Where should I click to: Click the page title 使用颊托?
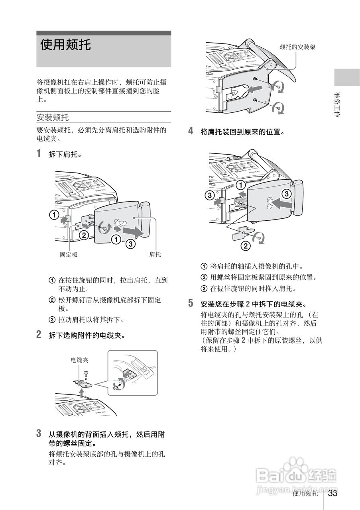(x=65, y=45)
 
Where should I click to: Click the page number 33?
(x=333, y=493)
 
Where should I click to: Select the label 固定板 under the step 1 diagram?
(x=69, y=255)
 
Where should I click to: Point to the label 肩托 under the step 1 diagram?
(x=155, y=255)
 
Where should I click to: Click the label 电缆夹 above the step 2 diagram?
(x=79, y=360)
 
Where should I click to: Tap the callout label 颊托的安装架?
(x=297, y=47)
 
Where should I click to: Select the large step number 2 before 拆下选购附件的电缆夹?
(x=39, y=335)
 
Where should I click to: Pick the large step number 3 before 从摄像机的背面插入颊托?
(x=39, y=433)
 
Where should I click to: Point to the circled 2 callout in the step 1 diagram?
(x=84, y=235)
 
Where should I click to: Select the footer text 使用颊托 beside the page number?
(x=305, y=494)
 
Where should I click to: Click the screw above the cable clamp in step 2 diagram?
(x=86, y=373)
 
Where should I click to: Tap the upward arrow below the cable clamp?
(x=82, y=394)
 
